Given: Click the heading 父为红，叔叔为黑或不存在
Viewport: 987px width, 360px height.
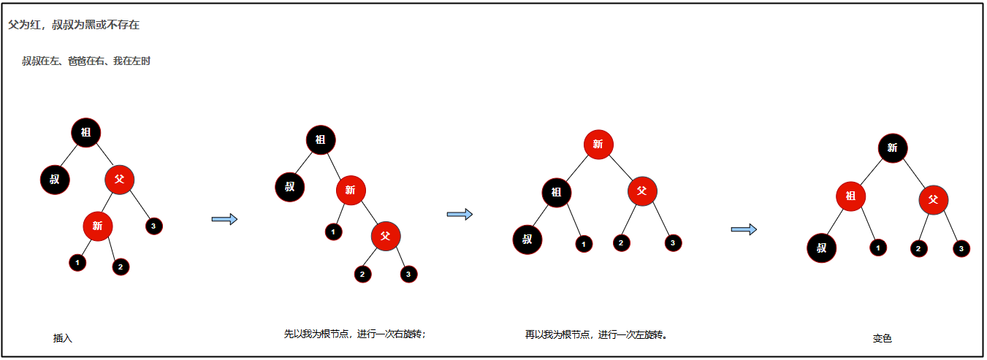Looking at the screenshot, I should [74, 25].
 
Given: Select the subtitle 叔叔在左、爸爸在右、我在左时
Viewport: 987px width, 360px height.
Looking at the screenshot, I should [86, 61].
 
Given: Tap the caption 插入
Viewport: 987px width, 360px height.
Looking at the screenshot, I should [63, 338].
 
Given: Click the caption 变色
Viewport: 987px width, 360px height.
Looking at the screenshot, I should [883, 339].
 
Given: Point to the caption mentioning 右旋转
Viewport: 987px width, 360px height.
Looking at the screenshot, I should [355, 334].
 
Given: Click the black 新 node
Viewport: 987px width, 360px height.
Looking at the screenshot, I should [892, 148].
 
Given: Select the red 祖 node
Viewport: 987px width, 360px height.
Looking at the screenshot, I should [850, 196].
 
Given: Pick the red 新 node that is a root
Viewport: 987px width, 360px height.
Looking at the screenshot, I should [598, 144].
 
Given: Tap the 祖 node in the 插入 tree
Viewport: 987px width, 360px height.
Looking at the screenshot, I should [85, 132].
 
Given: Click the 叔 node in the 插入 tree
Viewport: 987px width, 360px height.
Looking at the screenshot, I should [55, 178].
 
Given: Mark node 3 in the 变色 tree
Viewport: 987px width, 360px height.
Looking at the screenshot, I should [961, 249].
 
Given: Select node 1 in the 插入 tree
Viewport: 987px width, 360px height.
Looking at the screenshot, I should [77, 262].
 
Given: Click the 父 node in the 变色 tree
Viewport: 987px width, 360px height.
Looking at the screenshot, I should [933, 199].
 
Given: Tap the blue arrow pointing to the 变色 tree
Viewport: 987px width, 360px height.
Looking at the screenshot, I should [744, 229].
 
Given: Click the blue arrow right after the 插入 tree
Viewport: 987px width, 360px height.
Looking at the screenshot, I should [224, 219].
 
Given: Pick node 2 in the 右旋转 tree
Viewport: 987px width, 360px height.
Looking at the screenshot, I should [362, 275].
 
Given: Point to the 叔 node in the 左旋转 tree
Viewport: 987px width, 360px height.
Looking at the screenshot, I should [527, 240].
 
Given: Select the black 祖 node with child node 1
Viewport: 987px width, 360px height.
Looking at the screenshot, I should [557, 193].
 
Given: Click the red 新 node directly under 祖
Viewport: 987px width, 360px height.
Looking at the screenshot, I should [351, 190].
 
